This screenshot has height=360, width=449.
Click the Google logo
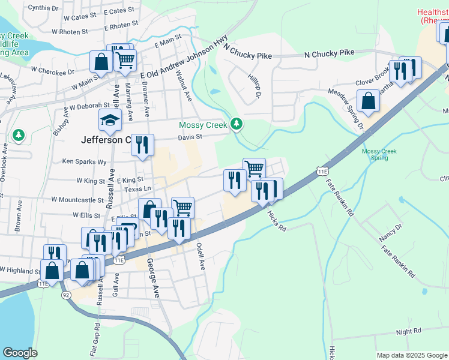[20, 353]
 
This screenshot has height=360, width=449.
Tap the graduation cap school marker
[110, 121]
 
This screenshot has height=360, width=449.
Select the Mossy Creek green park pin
[237, 124]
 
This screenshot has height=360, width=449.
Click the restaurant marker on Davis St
[142, 146]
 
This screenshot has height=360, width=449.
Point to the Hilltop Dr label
[255, 86]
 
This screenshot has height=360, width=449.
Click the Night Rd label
[409, 331]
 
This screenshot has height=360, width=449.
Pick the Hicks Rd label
[277, 221]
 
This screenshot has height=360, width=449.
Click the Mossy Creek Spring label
[379, 154]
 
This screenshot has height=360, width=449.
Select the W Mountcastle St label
[77, 199]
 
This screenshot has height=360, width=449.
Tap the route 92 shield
[65, 295]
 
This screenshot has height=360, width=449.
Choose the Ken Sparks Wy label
[85, 161]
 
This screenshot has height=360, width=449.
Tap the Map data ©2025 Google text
[411, 355]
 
